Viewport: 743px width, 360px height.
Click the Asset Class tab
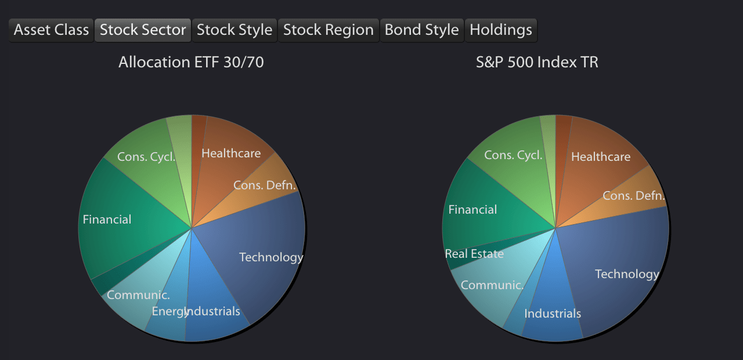(x=51, y=30)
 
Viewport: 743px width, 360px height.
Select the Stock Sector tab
(x=143, y=30)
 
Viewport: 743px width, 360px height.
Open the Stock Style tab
(x=235, y=30)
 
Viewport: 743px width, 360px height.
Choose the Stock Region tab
(x=329, y=30)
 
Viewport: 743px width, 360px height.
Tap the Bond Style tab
(x=421, y=30)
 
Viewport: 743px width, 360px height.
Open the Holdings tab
(x=501, y=30)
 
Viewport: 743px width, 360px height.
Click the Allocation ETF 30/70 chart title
(x=191, y=62)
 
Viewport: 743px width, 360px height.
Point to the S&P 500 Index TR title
(x=537, y=62)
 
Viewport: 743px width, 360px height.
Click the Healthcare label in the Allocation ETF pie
(x=231, y=153)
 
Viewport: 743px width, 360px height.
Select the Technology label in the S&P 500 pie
(x=627, y=275)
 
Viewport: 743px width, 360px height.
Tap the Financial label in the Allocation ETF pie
(x=107, y=219)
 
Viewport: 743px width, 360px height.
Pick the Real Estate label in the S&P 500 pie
(x=474, y=254)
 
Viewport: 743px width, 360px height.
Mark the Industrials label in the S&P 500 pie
(x=553, y=314)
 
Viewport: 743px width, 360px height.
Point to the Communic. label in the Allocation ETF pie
(x=138, y=295)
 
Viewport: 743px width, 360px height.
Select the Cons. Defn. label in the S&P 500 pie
(x=634, y=196)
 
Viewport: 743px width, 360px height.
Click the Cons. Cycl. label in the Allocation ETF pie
(x=146, y=157)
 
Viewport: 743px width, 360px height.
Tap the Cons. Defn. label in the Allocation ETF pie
(x=264, y=185)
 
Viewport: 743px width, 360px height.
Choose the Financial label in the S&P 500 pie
(x=473, y=210)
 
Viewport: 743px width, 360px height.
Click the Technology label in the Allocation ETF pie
(x=271, y=258)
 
